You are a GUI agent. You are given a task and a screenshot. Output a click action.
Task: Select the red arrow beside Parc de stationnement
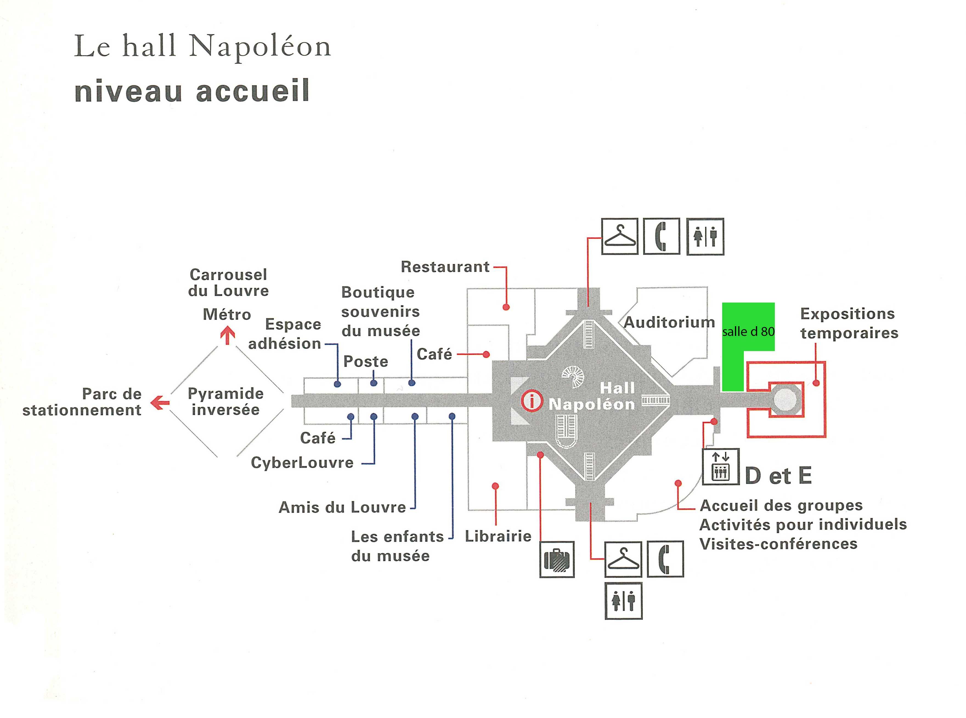[x=160, y=403]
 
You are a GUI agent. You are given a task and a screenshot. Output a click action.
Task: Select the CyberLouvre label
[x=302, y=462]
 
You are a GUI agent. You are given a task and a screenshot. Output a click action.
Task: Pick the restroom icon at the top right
[x=705, y=237]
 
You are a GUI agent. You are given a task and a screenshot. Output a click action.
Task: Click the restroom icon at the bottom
[x=623, y=601]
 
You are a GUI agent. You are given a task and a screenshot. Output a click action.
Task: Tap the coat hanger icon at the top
[x=619, y=237]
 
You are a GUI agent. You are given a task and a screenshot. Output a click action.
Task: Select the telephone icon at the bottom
[x=665, y=559]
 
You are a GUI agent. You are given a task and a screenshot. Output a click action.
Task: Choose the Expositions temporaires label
[x=849, y=323]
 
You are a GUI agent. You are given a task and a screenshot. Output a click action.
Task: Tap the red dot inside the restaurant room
[x=506, y=307]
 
